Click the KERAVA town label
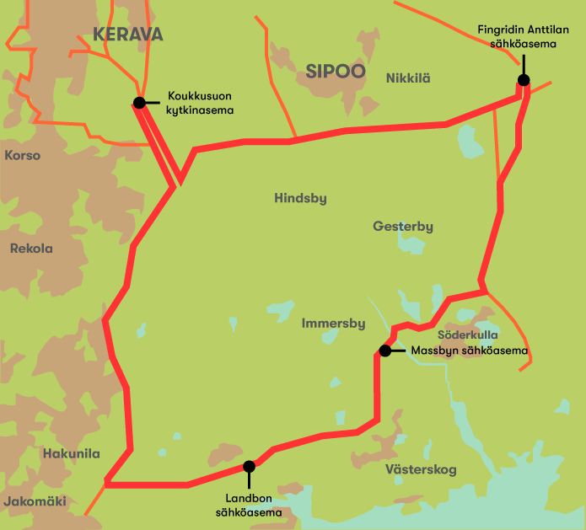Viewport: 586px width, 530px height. click(127, 35)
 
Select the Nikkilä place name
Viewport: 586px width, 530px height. click(408, 78)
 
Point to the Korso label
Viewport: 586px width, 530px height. click(23, 155)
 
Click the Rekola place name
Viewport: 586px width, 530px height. click(31, 249)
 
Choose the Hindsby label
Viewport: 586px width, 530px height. click(300, 199)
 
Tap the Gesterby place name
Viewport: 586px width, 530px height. click(403, 227)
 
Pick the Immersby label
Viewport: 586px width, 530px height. click(333, 324)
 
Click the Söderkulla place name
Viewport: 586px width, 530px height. click(468, 335)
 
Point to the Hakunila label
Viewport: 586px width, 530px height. click(71, 454)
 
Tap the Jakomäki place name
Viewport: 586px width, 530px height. click(35, 501)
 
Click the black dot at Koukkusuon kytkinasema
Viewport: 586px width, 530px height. click(138, 103)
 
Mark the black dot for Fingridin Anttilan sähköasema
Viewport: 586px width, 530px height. click(524, 80)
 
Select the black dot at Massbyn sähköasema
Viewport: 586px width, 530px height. click(384, 351)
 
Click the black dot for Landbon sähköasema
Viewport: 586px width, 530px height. click(249, 466)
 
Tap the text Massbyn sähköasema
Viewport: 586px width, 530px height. click(470, 351)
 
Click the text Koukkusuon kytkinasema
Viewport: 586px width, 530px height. click(201, 103)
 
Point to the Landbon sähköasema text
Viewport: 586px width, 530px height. click(249, 503)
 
